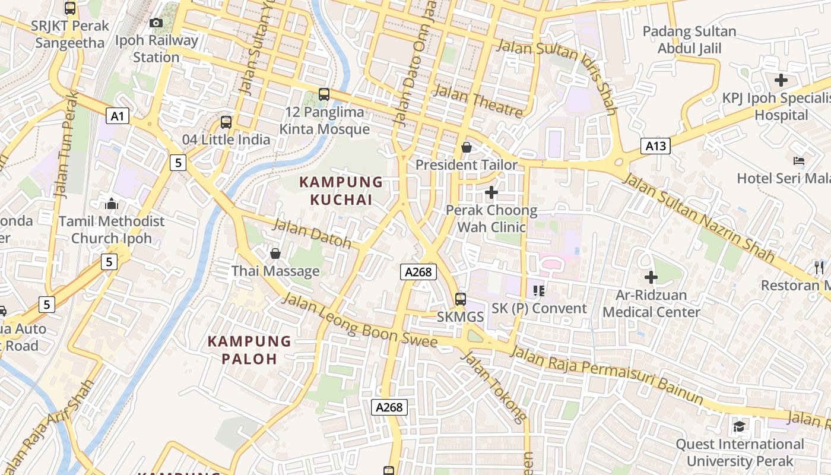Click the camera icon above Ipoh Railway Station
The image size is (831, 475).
click(x=156, y=23)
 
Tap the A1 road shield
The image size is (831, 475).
click(x=118, y=115)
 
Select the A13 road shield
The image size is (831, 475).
click(x=655, y=146)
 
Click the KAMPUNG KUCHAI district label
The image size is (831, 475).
click(x=341, y=191)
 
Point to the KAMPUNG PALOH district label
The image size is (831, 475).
click(x=250, y=350)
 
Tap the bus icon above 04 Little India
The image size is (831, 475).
click(x=226, y=122)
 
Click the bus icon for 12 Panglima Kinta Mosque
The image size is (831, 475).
click(x=324, y=94)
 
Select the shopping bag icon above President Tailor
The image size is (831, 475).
click(x=467, y=147)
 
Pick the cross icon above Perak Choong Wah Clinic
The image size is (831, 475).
click(x=491, y=192)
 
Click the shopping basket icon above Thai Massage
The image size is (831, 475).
click(x=275, y=254)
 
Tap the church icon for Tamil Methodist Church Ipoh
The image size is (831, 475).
click(x=112, y=204)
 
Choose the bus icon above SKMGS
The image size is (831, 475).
click(x=460, y=299)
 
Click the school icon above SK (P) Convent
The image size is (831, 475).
click(x=539, y=291)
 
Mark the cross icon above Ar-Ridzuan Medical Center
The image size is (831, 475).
click(x=651, y=277)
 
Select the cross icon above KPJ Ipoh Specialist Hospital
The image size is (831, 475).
click(x=781, y=80)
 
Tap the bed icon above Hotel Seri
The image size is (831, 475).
click(x=799, y=161)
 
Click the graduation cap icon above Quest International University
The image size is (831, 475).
click(x=740, y=426)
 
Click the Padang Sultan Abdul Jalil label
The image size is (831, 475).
click(x=689, y=40)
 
